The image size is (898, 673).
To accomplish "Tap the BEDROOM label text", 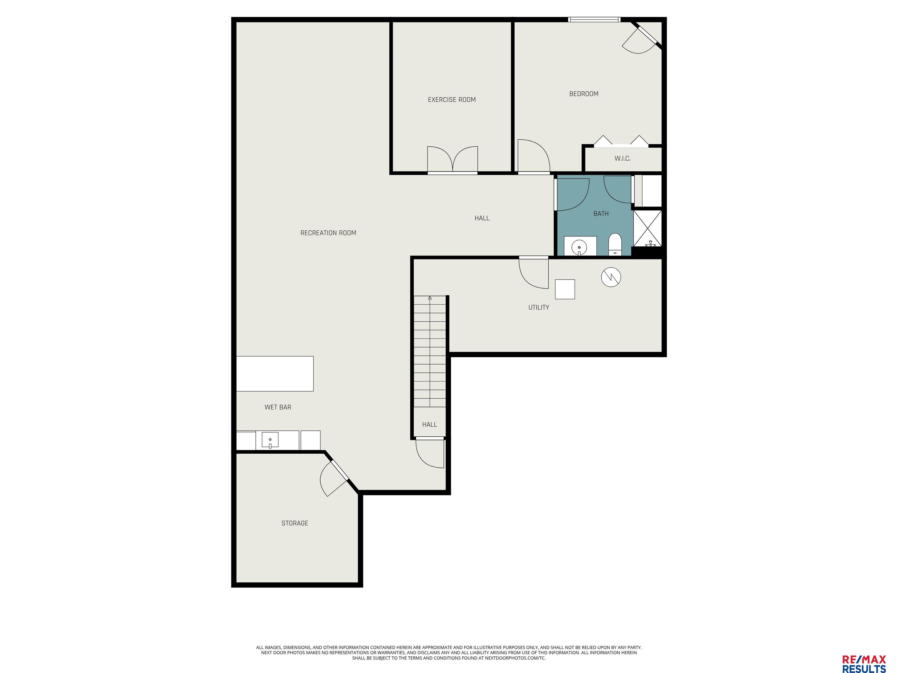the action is click(x=584, y=94).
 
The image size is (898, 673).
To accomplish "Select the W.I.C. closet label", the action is click(x=622, y=159).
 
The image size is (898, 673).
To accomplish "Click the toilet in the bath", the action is click(x=615, y=244).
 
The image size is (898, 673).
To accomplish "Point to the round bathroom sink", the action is click(x=579, y=247).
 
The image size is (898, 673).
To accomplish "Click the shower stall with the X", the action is click(x=647, y=228).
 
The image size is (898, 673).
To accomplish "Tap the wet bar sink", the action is click(x=270, y=439).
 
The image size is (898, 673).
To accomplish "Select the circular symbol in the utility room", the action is click(x=611, y=277).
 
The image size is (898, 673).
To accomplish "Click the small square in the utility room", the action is click(x=565, y=289).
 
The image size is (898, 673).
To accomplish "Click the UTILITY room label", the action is click(x=539, y=308).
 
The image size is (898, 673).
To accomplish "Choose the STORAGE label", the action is click(x=295, y=523).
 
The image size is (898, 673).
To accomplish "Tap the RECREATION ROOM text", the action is click(x=328, y=233).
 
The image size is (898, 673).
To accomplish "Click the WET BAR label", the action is click(x=278, y=407).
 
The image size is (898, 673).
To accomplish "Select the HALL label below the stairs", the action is click(x=429, y=425).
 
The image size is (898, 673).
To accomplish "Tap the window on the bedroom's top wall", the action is click(x=594, y=19).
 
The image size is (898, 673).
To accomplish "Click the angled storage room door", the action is click(x=339, y=471).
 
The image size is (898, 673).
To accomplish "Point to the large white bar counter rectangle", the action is click(x=275, y=374).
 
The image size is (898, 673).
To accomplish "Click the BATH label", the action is click(x=601, y=214).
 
